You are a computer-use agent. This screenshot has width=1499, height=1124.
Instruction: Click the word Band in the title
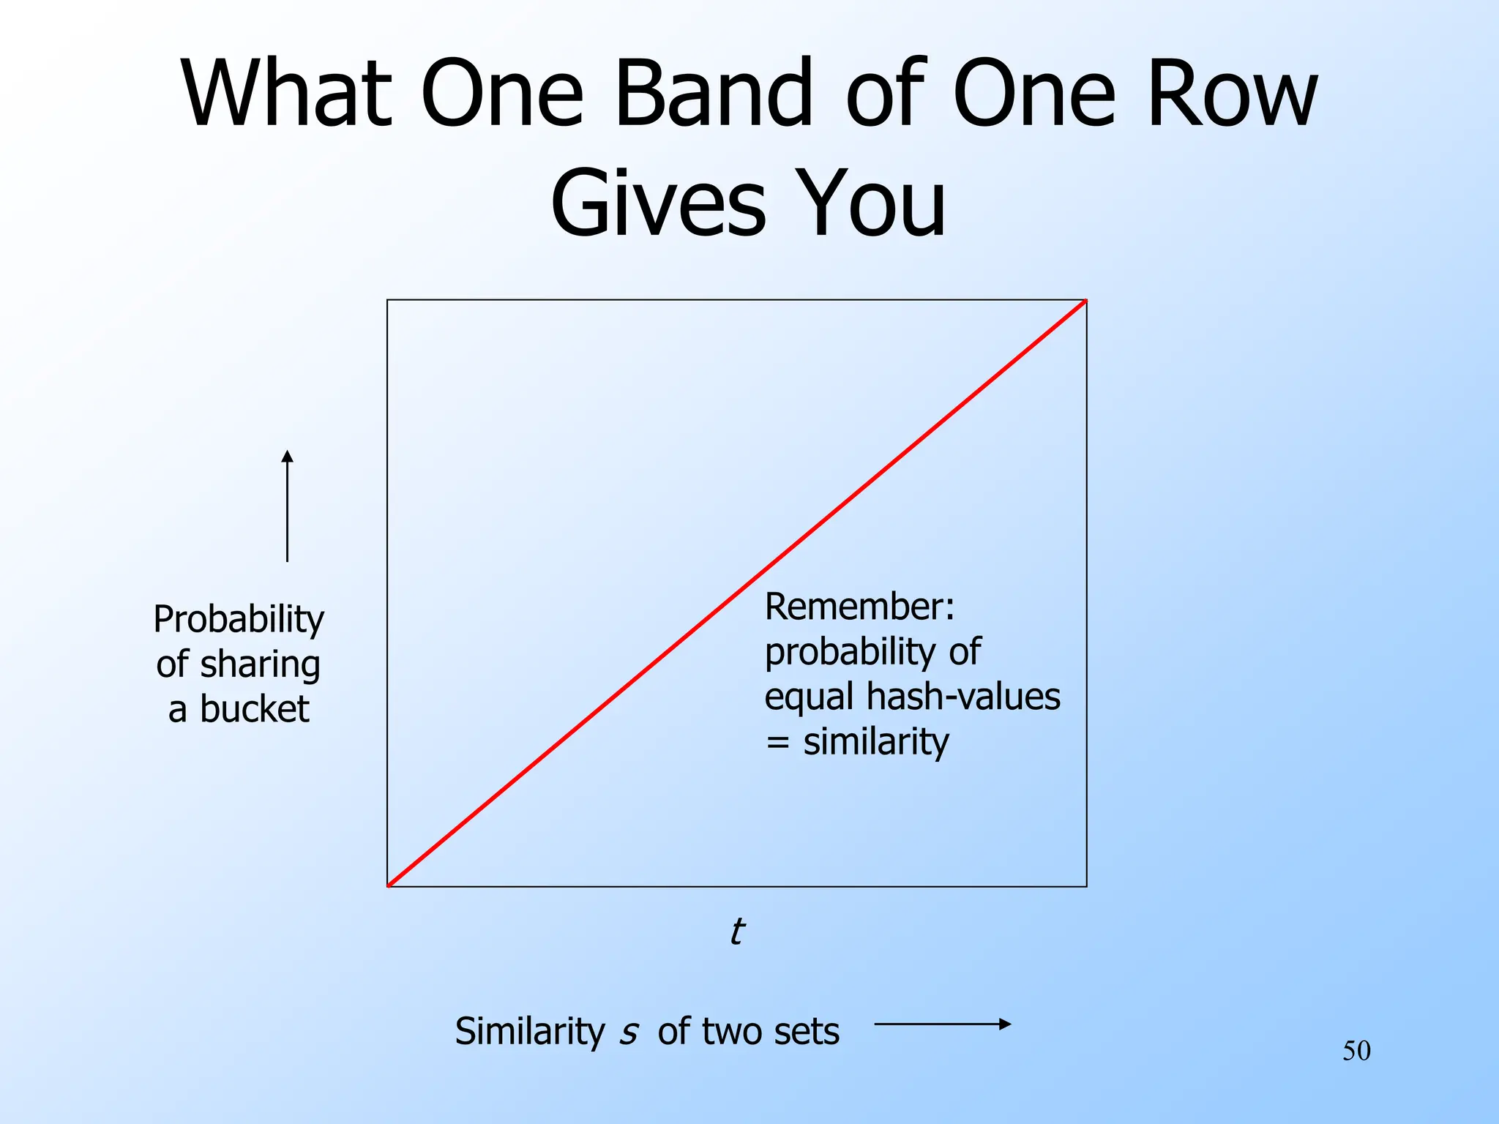714,94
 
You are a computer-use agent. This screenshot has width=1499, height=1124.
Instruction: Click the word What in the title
285,94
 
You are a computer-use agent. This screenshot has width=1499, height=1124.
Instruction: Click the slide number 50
1356,1051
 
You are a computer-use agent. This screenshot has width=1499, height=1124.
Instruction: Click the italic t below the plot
737,932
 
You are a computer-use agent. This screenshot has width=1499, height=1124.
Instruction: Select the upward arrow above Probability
288,505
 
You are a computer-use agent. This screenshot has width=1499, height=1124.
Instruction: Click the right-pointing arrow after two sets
943,1024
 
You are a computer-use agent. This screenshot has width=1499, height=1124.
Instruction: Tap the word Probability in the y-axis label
239,620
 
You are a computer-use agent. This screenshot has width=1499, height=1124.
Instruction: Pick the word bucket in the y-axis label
254,709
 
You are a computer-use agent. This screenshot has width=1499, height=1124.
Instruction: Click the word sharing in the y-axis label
260,664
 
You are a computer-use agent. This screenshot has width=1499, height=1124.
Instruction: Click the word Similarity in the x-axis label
530,1032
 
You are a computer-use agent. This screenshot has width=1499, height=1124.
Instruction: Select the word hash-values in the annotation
963,696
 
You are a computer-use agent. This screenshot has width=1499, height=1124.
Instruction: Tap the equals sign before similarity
777,743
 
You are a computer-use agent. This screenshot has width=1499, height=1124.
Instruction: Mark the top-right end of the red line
1085,301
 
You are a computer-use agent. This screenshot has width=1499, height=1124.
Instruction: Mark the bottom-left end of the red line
389,885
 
